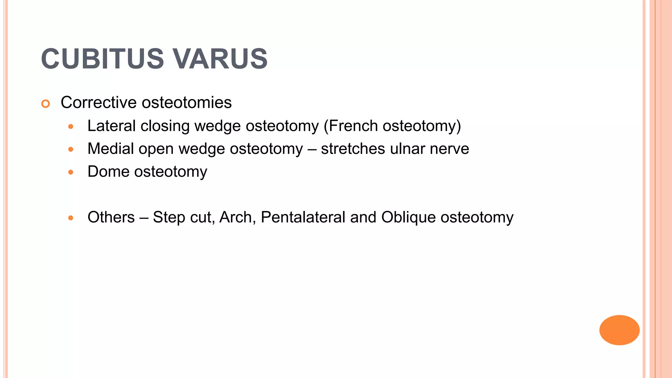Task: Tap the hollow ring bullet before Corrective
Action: click(x=46, y=104)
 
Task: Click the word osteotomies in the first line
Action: click(x=187, y=102)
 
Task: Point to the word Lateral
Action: click(x=111, y=126)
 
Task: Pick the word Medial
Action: click(x=110, y=149)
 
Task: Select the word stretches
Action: click(x=353, y=149)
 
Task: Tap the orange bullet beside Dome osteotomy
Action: click(x=71, y=172)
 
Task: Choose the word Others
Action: click(x=111, y=217)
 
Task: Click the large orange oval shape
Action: click(x=619, y=330)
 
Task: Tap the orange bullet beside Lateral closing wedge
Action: click(x=71, y=127)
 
